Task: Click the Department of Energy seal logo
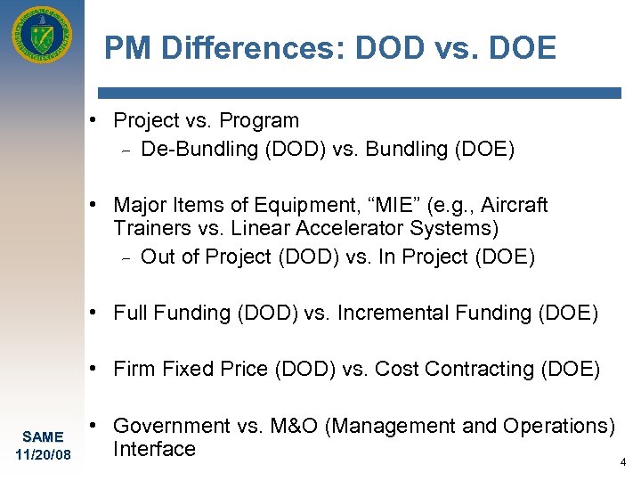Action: tap(42, 37)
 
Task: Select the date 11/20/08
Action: tap(42, 455)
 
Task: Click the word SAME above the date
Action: tap(42, 436)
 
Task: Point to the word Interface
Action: tap(154, 449)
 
